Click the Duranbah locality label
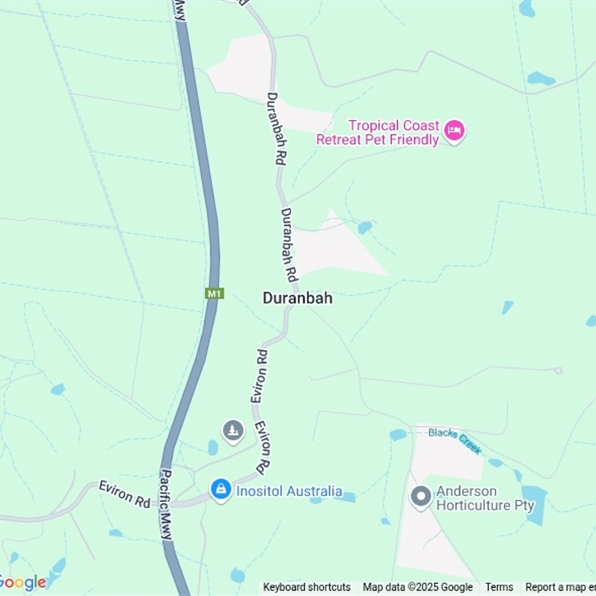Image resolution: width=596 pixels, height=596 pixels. (297, 298)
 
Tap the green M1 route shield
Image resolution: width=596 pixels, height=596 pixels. (215, 294)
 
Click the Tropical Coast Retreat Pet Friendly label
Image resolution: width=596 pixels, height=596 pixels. (378, 133)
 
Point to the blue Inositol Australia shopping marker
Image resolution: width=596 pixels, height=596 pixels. (221, 490)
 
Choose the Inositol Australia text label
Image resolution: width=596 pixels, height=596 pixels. (289, 491)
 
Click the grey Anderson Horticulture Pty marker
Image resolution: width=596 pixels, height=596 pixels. (421, 497)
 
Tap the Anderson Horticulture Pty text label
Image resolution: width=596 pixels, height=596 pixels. (485, 498)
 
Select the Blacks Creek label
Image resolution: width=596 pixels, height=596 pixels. (455, 441)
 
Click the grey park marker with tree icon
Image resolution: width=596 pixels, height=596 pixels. (233, 430)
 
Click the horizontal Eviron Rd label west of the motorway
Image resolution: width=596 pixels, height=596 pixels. (124, 494)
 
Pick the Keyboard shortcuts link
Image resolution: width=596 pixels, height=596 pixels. (307, 587)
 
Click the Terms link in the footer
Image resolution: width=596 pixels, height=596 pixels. (499, 587)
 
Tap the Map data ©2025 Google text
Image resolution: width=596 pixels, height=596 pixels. (418, 587)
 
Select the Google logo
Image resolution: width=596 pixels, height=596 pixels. (22, 583)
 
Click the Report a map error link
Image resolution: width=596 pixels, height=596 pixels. (560, 587)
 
